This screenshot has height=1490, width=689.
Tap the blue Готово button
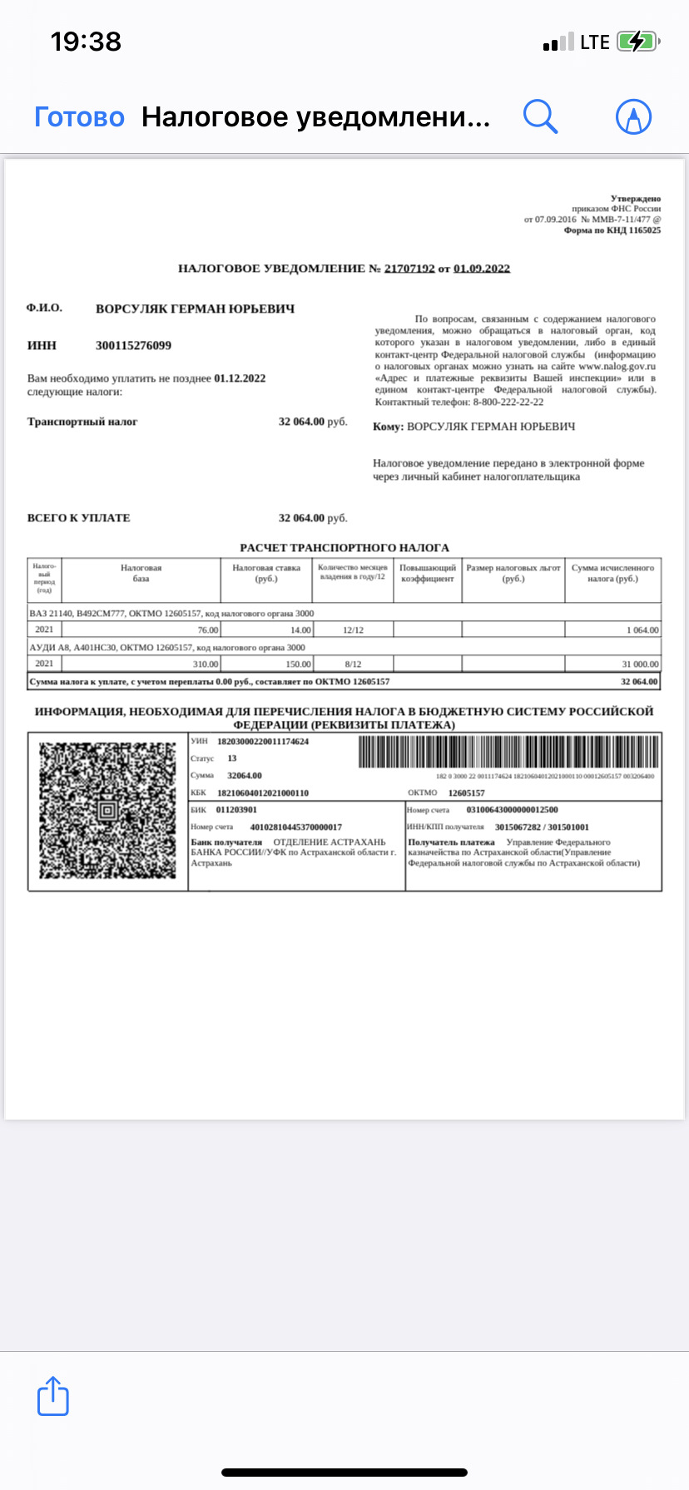click(x=79, y=117)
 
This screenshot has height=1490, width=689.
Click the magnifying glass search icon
click(x=540, y=116)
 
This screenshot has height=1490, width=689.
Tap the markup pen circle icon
click(x=633, y=117)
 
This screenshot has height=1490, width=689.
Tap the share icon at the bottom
click(x=53, y=1396)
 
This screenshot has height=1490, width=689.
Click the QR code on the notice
click(x=108, y=811)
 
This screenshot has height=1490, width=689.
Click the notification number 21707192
click(x=409, y=269)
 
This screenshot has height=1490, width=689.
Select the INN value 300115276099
click(x=133, y=346)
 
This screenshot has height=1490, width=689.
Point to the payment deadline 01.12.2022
click(x=240, y=378)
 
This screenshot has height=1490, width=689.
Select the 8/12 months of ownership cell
click(x=353, y=664)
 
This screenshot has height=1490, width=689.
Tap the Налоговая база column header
click(x=141, y=573)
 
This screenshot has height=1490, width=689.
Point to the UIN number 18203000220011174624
click(x=263, y=742)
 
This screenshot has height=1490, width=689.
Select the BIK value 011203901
click(x=236, y=810)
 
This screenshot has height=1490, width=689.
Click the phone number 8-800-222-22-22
click(x=508, y=402)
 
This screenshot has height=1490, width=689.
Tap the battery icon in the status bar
click(x=637, y=42)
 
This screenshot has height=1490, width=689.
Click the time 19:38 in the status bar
click(x=86, y=42)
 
